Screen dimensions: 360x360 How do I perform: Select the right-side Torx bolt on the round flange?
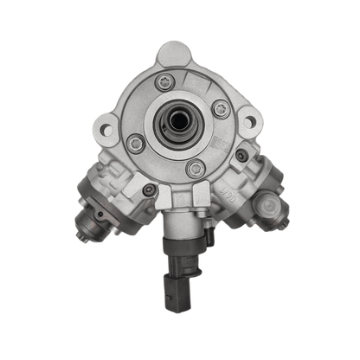tap(221, 108)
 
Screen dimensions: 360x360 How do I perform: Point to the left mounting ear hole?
tap(107, 131)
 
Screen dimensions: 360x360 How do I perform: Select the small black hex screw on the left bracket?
tap(150, 190)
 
